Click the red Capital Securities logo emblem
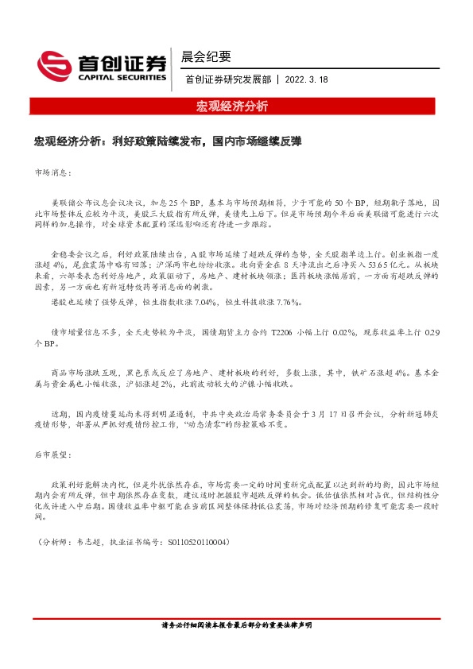(55, 64)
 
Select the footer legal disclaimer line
(236, 648)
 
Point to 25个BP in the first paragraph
(178, 203)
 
